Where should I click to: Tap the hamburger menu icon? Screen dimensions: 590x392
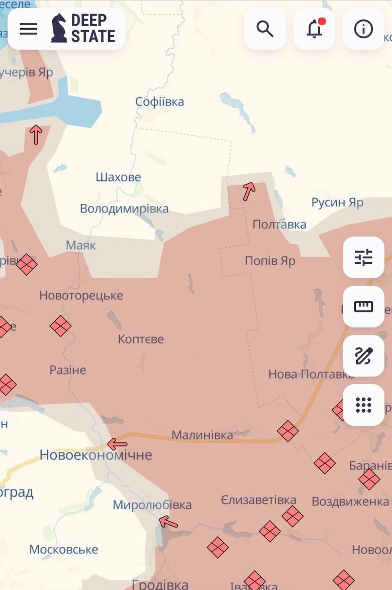(28, 29)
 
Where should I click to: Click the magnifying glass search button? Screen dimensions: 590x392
(265, 29)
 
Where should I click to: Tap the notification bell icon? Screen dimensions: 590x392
(314, 29)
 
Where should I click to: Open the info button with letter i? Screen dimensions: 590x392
(363, 29)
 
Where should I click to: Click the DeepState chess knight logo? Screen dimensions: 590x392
(59, 28)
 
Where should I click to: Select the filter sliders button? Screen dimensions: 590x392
(363, 258)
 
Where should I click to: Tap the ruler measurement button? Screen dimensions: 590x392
(363, 307)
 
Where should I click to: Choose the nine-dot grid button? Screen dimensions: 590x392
(363, 405)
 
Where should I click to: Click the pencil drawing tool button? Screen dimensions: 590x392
(363, 356)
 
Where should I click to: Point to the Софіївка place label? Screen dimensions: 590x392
(160, 102)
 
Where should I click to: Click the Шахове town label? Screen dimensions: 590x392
(118, 177)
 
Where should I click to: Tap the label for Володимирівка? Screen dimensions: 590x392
(124, 208)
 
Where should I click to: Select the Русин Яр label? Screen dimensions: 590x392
(337, 202)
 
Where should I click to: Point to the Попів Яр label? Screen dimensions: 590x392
(270, 261)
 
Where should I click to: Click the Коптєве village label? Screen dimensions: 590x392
(141, 339)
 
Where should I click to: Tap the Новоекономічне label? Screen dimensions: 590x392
(95, 455)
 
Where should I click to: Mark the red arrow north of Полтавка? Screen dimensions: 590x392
(249, 191)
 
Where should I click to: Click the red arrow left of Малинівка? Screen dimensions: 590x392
(117, 444)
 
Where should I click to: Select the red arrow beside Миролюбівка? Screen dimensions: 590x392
(168, 522)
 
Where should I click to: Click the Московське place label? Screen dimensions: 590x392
(63, 549)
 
